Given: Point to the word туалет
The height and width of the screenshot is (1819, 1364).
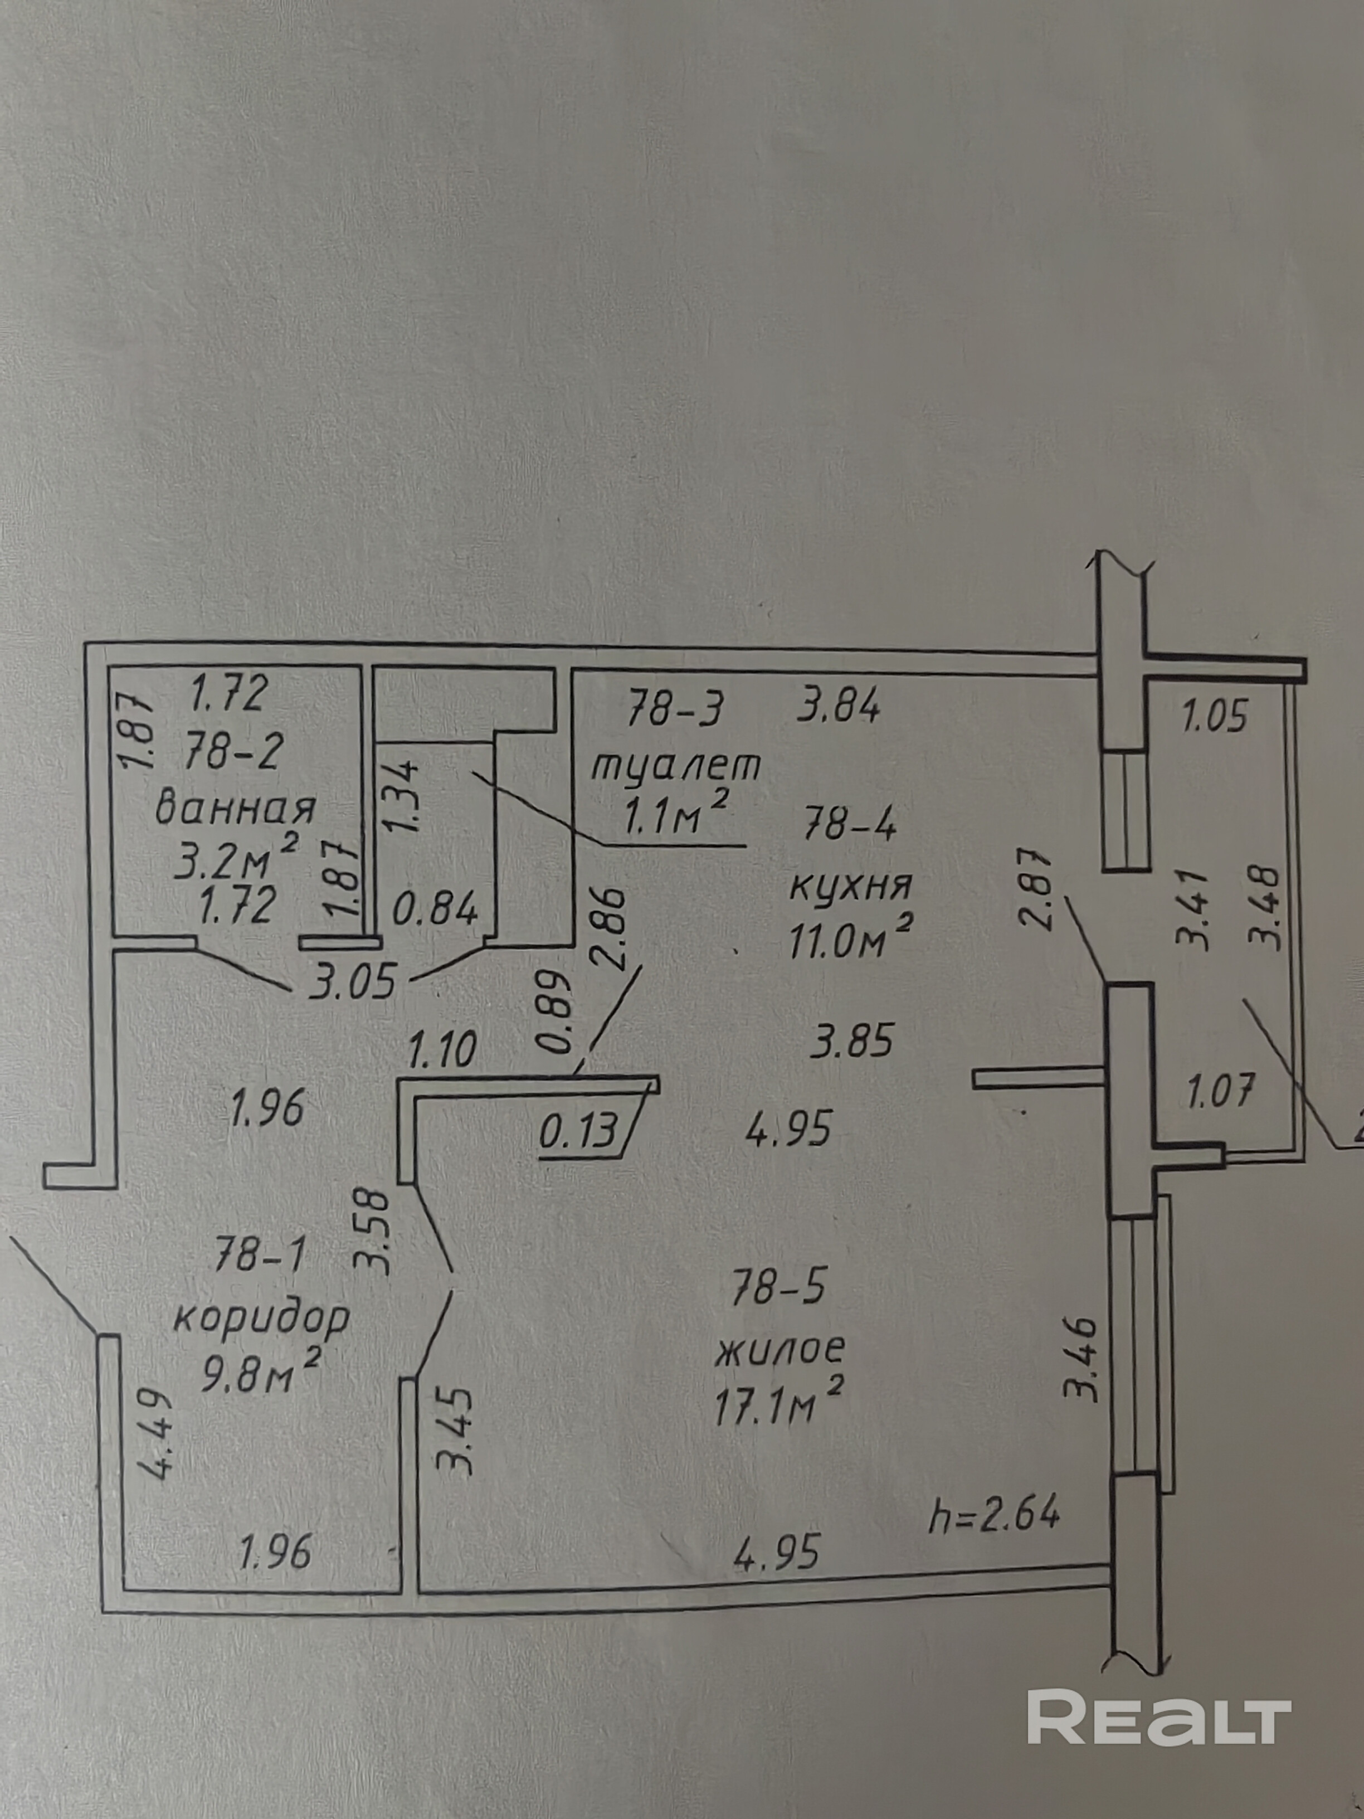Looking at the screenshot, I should click(x=676, y=767).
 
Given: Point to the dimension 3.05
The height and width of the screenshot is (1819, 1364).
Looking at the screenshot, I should click(x=353, y=982).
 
